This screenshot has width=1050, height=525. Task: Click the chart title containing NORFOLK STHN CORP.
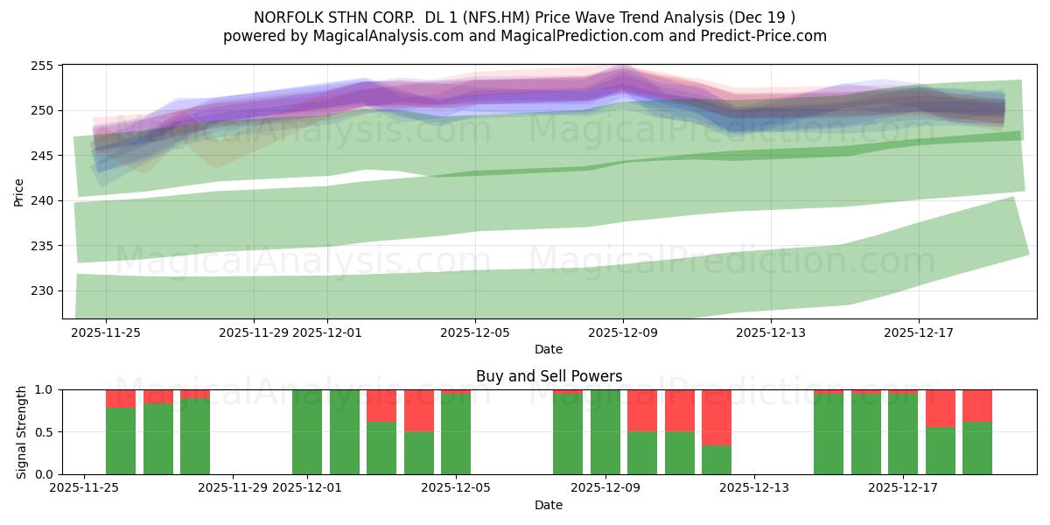point(524,17)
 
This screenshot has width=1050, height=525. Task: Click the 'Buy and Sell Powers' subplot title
point(549,376)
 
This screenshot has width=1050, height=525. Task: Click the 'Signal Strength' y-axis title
point(22,431)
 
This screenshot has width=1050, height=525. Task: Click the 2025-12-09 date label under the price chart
point(623,332)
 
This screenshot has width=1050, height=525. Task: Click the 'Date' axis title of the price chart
point(549,349)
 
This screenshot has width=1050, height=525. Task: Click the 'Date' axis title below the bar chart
point(549,505)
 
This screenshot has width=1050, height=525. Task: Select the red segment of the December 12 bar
point(717,417)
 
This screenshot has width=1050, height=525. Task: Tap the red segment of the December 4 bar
point(419,410)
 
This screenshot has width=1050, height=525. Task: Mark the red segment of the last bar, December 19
point(977,406)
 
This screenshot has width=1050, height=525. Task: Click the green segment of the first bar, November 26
point(121,441)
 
